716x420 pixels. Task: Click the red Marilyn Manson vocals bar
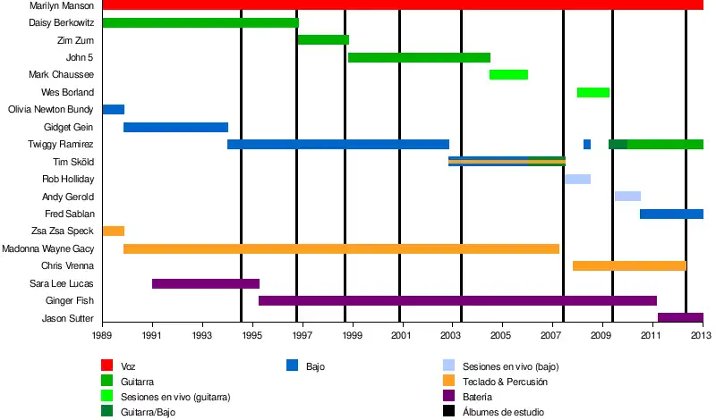pos(403,5)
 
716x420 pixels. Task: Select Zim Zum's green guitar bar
pos(322,40)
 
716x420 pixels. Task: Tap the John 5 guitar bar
pos(419,57)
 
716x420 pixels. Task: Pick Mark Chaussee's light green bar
pos(508,75)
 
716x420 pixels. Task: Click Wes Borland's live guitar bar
pos(593,92)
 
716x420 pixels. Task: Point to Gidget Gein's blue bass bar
pos(175,127)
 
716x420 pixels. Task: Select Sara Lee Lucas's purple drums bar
pos(206,283)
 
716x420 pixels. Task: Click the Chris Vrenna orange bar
pos(629,265)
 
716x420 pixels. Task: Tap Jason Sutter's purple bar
pos(680,317)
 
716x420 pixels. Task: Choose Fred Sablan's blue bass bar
pos(671,214)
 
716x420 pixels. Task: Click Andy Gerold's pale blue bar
pos(627,196)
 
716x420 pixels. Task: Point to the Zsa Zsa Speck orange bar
pos(114,231)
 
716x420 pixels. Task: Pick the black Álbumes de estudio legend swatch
pos(449,411)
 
